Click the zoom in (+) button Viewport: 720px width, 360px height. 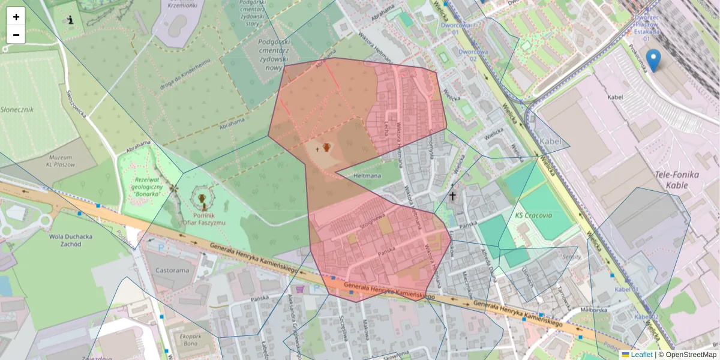tap(16, 17)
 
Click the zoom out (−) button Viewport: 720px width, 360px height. tap(16, 35)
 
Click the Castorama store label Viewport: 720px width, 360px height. tap(172, 271)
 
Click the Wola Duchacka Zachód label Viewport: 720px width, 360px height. tap(71, 240)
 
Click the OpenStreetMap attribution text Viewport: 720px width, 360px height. tap(691, 355)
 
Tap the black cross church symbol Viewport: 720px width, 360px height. tap(453, 196)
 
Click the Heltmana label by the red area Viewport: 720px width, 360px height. tap(368, 176)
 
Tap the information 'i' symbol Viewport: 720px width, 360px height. tap(71, 20)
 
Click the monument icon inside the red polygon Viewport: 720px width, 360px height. tap(326, 147)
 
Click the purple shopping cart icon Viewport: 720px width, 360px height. tap(300, 289)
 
